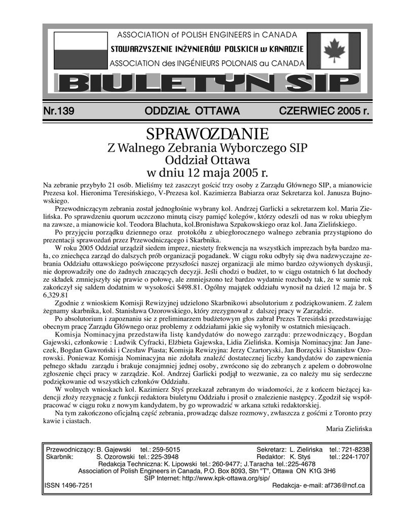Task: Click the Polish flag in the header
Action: coord(77,50)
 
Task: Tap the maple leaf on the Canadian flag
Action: coord(332,51)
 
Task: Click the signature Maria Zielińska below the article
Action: coord(349,428)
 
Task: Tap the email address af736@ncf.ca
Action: coord(340,485)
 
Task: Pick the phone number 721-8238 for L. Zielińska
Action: coord(358,449)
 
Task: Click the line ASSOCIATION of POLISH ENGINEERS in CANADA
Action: coord(207,35)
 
